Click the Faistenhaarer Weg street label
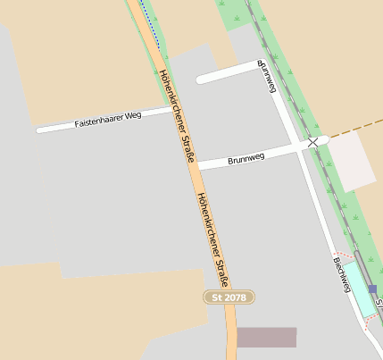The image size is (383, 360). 108,117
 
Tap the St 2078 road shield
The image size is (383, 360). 229,297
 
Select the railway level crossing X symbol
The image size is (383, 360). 312,142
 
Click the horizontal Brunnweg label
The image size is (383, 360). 246,158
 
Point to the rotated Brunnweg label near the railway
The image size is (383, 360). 267,76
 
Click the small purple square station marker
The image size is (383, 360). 372,289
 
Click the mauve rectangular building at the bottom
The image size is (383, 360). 266,337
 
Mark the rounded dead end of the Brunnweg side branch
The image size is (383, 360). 202,79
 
